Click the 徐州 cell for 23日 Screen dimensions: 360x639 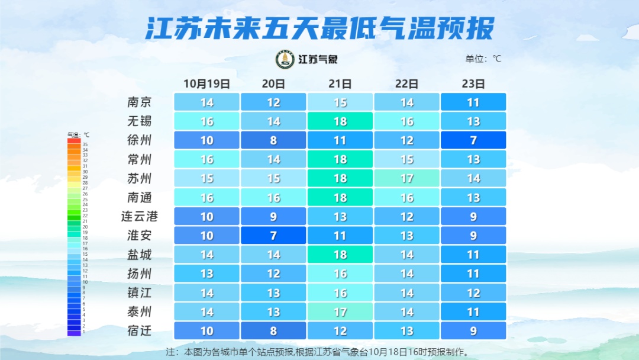pyautogui.click(x=473, y=140)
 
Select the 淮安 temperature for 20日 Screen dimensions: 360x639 pyautogui.click(x=273, y=236)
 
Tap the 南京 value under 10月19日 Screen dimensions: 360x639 pyautogui.click(x=206, y=102)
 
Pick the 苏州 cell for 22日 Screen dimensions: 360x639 pyautogui.click(x=406, y=178)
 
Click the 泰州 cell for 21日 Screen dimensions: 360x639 pyautogui.click(x=340, y=311)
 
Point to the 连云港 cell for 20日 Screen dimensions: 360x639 pyautogui.click(x=273, y=217)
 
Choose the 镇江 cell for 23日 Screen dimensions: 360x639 pyautogui.click(x=473, y=292)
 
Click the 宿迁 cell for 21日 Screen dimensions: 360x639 pyautogui.click(x=340, y=330)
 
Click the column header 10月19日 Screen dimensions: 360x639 pyautogui.click(x=206, y=83)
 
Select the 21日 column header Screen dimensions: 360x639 pyautogui.click(x=340, y=83)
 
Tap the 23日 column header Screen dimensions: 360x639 pyautogui.click(x=473, y=83)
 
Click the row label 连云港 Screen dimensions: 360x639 pyautogui.click(x=140, y=217)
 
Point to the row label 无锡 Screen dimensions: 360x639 pyautogui.click(x=140, y=121)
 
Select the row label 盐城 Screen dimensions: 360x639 pyautogui.click(x=140, y=255)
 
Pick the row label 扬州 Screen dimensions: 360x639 pyautogui.click(x=140, y=274)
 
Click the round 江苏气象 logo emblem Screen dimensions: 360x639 pyautogui.click(x=285, y=59)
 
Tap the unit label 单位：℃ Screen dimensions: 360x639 pyautogui.click(x=483, y=59)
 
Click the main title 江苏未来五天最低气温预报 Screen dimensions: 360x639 pyautogui.click(x=319, y=28)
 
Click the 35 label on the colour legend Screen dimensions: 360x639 pyautogui.click(x=85, y=144)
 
